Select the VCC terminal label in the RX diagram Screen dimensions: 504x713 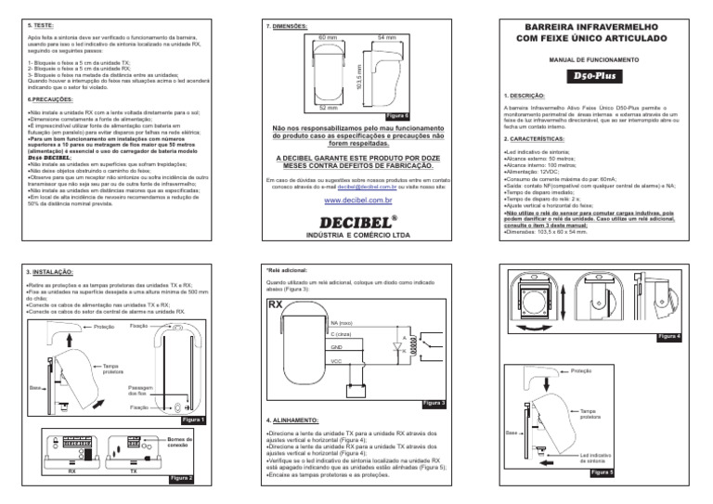point(336,360)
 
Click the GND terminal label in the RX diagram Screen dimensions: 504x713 point(336,345)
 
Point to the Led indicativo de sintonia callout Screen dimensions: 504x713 point(595,458)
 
